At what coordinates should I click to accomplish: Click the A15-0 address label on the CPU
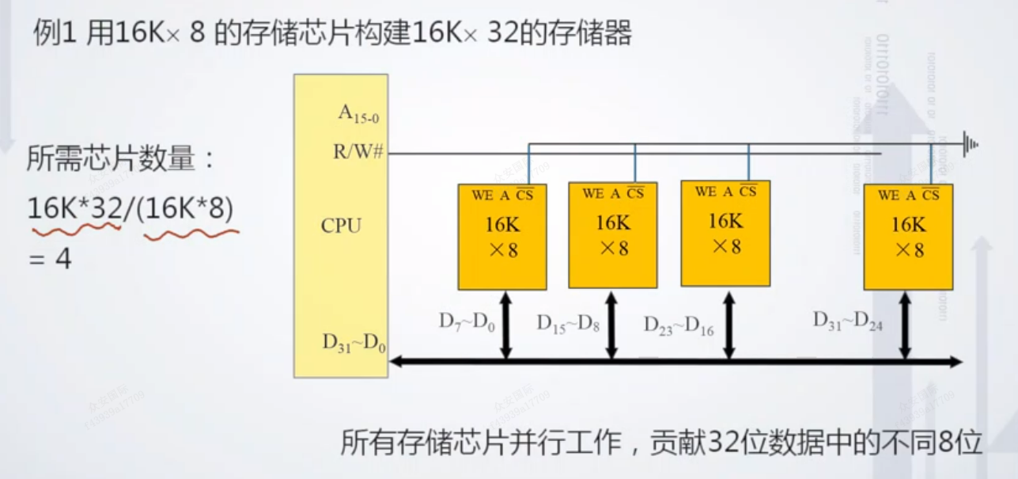tap(358, 114)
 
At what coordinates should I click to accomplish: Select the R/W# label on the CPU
tap(358, 151)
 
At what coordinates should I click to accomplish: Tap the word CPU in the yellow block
tap(341, 226)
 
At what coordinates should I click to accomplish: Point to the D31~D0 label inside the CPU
tap(354, 344)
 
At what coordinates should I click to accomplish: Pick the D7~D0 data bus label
tap(467, 322)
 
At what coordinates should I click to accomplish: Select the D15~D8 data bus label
tap(568, 323)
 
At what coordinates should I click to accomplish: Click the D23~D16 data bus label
tap(678, 325)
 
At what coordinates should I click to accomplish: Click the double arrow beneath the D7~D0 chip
tap(506, 325)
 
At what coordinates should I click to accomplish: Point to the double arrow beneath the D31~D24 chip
tap(905, 325)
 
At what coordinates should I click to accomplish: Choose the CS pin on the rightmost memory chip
tap(930, 196)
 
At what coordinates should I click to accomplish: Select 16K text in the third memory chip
tap(725, 220)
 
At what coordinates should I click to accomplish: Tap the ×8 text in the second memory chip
tap(613, 248)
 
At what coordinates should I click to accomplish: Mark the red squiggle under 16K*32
tap(75, 229)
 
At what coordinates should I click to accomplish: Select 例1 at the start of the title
tap(52, 34)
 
